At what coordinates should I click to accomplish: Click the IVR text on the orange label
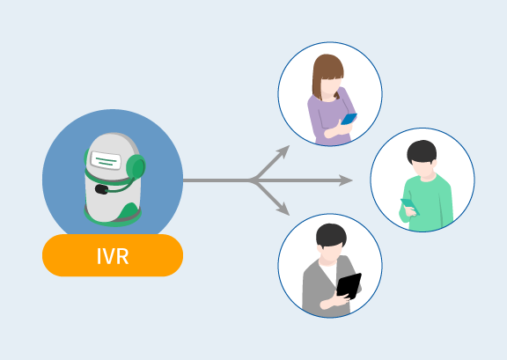coord(113,256)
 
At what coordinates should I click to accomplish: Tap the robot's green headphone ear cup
coord(136,167)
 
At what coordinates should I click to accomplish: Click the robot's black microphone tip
coord(101,189)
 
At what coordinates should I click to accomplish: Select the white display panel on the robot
coord(106,160)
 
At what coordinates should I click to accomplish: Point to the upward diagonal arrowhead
coord(283,151)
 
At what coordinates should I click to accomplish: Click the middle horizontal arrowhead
coord(346,180)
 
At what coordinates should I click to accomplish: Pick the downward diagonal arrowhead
coord(283,209)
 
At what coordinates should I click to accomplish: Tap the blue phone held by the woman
coord(349,119)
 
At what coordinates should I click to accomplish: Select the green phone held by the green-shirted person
coord(409,206)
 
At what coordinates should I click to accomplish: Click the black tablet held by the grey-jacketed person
coord(349,286)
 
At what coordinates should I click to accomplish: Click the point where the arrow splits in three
coord(253,180)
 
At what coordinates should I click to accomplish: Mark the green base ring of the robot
coord(113,218)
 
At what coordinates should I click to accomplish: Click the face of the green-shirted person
coord(422,169)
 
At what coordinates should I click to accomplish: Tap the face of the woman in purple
coord(330,86)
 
